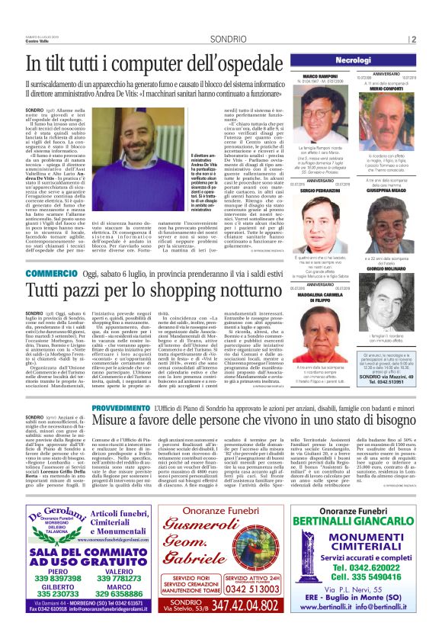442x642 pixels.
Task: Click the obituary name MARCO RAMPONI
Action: (320, 76)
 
